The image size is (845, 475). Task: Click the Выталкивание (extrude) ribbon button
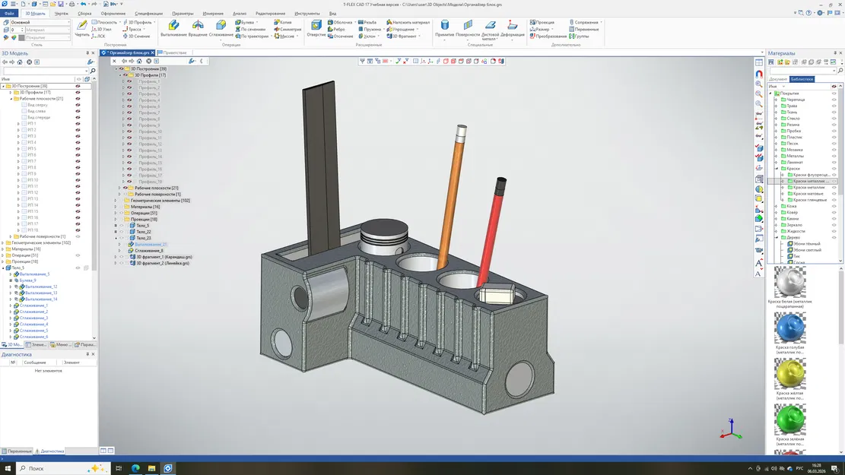173,28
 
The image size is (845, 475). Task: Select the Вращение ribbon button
198,28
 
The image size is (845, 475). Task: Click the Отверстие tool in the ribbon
316,28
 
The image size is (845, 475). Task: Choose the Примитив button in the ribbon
445,28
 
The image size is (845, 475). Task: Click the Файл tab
9,14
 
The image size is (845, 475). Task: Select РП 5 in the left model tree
31,149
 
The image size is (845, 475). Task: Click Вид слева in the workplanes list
37,111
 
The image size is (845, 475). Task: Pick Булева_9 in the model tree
29,280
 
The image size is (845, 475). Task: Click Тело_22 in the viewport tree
143,232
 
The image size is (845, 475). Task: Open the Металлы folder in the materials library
795,156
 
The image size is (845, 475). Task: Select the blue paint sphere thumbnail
789,328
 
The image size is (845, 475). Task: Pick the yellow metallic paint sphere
789,373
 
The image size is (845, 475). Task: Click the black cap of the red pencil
500,184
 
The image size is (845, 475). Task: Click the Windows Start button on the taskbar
8,468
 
